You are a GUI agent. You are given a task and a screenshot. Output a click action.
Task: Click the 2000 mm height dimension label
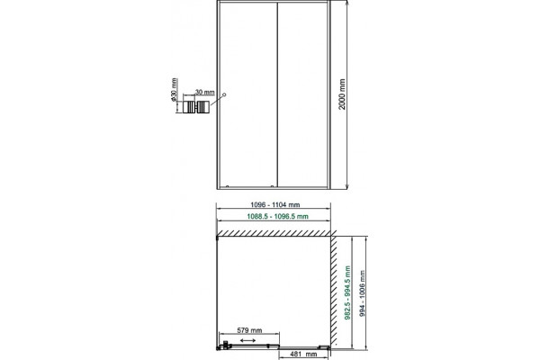342,94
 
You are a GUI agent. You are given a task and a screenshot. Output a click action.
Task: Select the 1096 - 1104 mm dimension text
274,204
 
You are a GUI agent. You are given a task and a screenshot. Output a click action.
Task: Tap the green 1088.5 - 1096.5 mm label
277,216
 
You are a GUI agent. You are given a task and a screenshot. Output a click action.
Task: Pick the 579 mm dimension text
249,330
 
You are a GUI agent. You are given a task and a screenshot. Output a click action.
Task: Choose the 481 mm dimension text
303,354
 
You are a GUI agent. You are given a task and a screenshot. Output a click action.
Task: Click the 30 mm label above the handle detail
205,92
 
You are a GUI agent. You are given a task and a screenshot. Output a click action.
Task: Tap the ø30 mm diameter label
174,89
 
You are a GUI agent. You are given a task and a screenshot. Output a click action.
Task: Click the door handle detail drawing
196,107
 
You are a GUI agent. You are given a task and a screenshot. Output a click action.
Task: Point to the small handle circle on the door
224,94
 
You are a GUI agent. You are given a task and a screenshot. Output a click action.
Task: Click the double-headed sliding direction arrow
247,340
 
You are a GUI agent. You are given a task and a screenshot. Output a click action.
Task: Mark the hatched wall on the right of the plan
333,291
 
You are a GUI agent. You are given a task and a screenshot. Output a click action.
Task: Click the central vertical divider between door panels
277,95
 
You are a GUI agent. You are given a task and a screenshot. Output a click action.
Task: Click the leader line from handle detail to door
217,100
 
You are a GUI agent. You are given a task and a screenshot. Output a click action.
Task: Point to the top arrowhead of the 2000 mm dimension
347,2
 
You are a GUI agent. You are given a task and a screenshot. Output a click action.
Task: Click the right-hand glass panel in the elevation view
302,95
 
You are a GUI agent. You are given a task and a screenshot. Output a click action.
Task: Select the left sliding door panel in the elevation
247,95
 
